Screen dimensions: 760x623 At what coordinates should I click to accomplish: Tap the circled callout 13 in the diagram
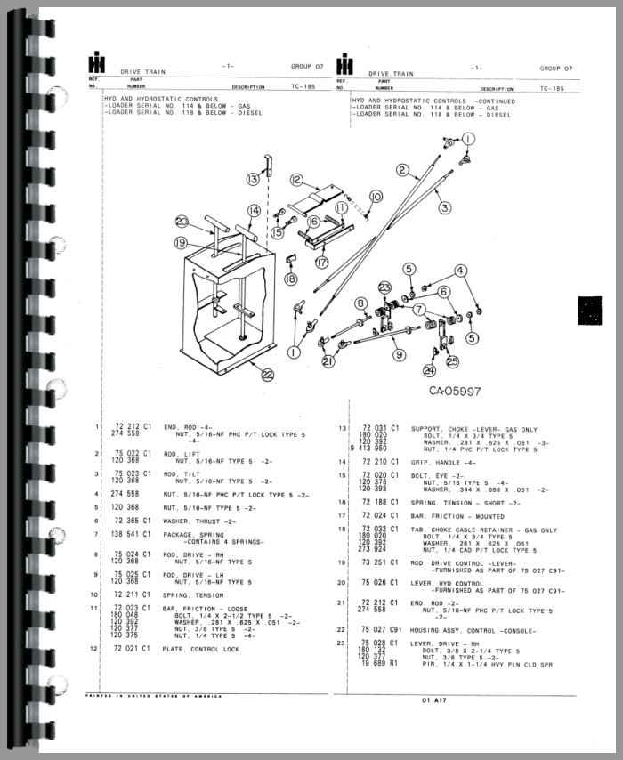(x=254, y=179)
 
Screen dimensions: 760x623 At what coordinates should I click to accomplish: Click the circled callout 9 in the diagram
(x=400, y=354)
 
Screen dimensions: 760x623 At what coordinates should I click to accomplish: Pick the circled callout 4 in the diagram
(x=461, y=271)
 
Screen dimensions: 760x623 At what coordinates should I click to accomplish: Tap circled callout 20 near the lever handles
(x=182, y=222)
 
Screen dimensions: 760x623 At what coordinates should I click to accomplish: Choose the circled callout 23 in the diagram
(x=384, y=287)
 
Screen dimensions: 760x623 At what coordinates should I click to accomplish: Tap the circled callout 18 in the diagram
(x=289, y=279)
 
